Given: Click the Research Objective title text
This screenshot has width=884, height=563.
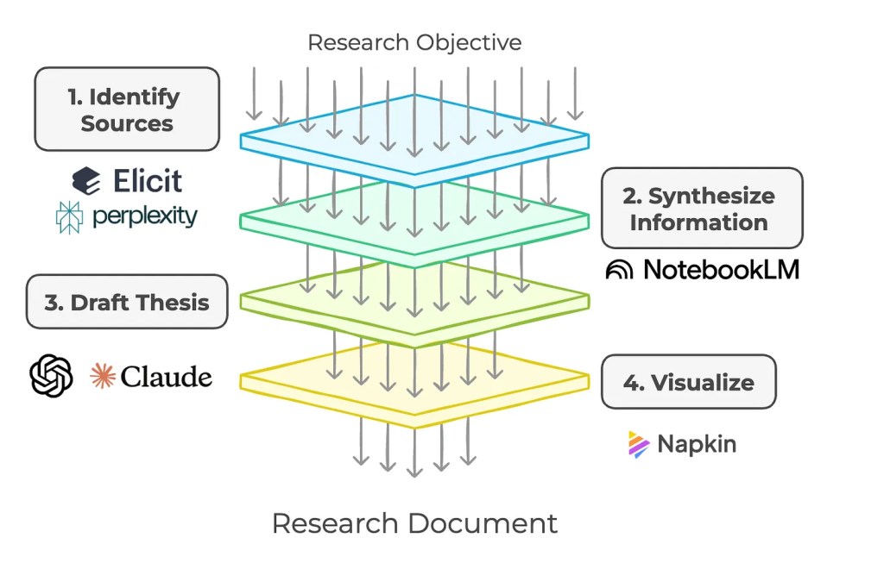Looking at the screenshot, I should [x=414, y=41].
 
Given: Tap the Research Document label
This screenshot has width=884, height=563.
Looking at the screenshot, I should [x=414, y=522].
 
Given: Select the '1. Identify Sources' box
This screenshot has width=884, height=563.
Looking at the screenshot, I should [x=127, y=109].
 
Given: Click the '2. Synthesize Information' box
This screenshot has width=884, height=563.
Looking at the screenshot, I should [x=702, y=209].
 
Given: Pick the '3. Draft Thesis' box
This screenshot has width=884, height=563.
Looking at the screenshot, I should [x=127, y=302].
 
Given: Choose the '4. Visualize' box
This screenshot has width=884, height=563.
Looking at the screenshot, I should [x=688, y=382].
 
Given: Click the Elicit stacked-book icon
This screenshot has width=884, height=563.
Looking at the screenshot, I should [x=86, y=180].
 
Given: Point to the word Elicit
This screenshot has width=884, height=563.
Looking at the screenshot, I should [x=148, y=180].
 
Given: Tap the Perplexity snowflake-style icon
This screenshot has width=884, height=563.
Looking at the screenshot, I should [x=69, y=217].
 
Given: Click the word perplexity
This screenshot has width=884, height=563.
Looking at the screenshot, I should [x=143, y=216].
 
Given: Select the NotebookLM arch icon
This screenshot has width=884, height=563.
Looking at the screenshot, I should [x=619, y=271].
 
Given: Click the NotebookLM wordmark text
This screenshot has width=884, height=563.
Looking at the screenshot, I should [x=721, y=270].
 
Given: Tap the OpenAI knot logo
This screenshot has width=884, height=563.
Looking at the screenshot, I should [x=51, y=377].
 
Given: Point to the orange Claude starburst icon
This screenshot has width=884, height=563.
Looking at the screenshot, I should [x=102, y=377].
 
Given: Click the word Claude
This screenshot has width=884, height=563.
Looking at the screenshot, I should [x=167, y=377].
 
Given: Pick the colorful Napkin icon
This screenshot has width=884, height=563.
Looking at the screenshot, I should [x=638, y=444].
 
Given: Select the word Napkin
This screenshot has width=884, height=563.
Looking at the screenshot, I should [x=697, y=444].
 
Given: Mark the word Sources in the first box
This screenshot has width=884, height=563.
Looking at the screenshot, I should [x=127, y=123].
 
